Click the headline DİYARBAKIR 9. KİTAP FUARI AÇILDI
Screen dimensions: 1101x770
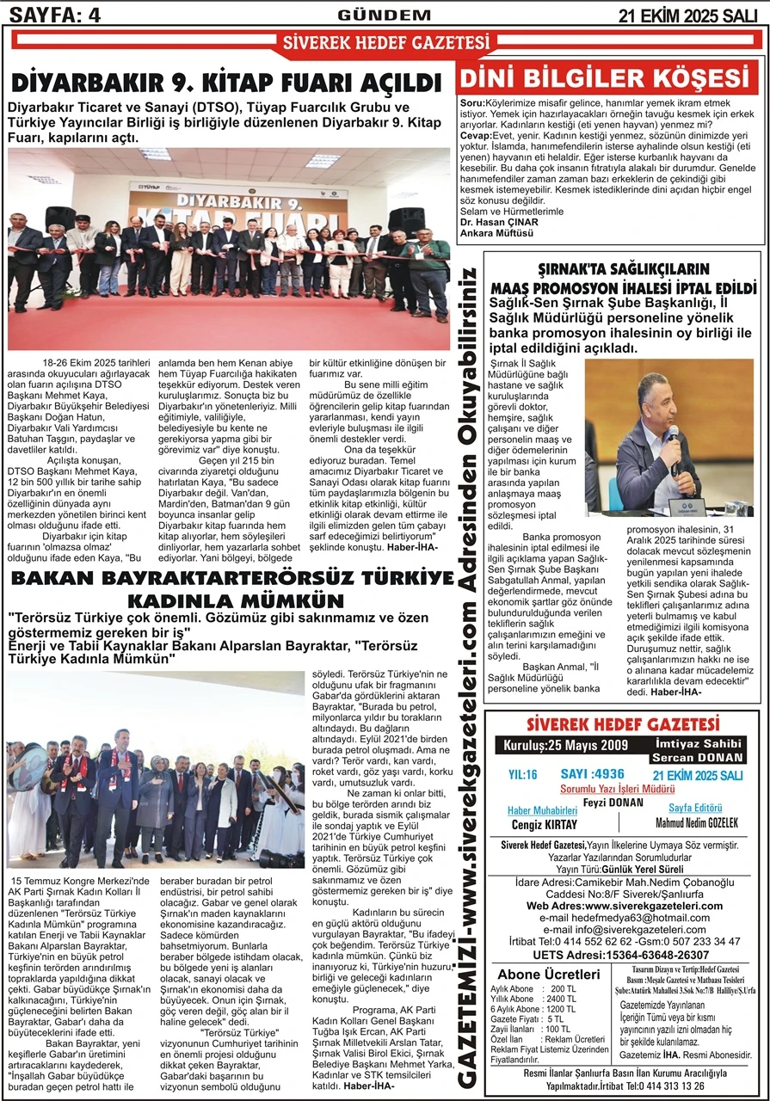click(x=226, y=83)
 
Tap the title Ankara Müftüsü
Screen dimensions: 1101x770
click(x=497, y=232)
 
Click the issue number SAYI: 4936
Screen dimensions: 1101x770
click(x=592, y=774)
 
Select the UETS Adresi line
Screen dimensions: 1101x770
click(x=621, y=954)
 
